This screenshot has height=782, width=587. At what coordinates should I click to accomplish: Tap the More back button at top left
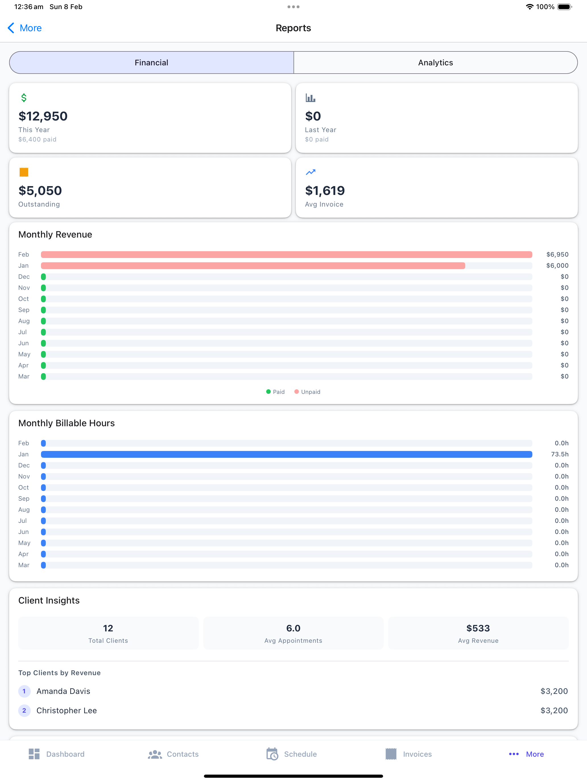point(24,28)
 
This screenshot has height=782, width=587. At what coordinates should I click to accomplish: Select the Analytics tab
point(436,63)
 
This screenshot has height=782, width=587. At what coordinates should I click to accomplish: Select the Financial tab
point(151,63)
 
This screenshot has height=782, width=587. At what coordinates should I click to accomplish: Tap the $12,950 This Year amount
point(43,116)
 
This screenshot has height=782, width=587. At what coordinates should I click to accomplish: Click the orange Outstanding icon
point(24,172)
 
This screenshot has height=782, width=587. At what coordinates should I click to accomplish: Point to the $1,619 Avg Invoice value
point(325,191)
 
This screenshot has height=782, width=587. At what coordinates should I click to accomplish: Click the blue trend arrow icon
point(310,172)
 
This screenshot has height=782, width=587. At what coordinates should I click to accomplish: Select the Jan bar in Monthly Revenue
point(253,265)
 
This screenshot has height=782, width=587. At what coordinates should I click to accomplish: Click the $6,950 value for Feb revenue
point(557,255)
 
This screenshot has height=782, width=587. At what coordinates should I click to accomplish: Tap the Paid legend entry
point(275,392)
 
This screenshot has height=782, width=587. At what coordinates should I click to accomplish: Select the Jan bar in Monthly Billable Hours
point(287,454)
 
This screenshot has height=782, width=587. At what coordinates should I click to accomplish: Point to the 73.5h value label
point(560,454)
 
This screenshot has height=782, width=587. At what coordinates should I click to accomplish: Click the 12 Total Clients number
point(108,628)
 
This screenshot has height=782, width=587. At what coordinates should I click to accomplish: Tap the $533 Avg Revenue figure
point(478,628)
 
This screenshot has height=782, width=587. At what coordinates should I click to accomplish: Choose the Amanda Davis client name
point(63,691)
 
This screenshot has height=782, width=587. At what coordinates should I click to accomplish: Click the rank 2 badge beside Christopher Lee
point(24,711)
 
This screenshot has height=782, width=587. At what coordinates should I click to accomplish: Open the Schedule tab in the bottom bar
point(292,754)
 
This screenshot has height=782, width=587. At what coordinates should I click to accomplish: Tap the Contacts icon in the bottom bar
point(155,754)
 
